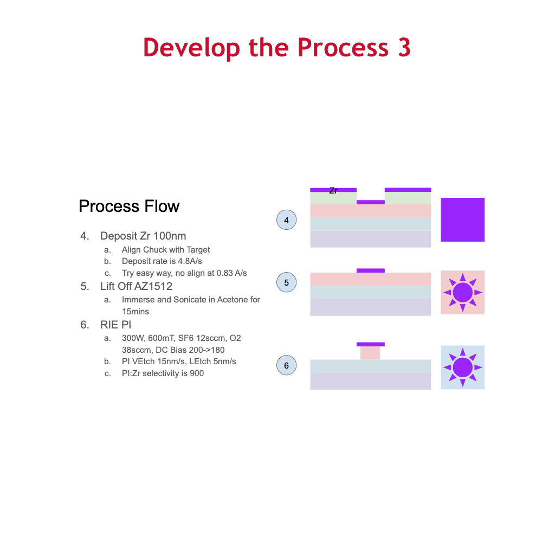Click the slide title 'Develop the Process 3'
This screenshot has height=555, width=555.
[x=277, y=48]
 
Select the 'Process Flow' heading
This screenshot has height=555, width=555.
[x=129, y=206]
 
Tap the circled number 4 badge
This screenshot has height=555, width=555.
[x=286, y=220]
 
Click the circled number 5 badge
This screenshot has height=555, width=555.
[x=286, y=282]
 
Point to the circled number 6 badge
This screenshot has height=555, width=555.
[x=286, y=365]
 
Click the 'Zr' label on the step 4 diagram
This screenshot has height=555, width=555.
[x=333, y=191]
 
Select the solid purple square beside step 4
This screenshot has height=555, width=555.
[x=463, y=220]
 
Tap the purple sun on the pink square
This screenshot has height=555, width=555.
[x=463, y=292]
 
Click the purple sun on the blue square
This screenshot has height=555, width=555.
[x=463, y=367]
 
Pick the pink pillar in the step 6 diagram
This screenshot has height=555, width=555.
[x=370, y=353]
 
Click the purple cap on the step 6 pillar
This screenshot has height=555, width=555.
[x=371, y=344]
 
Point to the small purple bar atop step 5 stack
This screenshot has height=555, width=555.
[x=371, y=270]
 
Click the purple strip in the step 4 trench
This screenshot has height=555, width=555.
[x=371, y=202]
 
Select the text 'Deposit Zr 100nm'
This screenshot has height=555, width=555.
[x=143, y=236]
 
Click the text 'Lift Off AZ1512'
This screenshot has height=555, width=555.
[x=136, y=286]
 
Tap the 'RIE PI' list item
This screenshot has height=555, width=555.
[x=116, y=325]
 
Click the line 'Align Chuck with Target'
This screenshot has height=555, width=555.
[x=166, y=250]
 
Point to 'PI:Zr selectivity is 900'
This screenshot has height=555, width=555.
[x=163, y=373]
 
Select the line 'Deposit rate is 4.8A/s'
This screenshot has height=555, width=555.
[x=162, y=261]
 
